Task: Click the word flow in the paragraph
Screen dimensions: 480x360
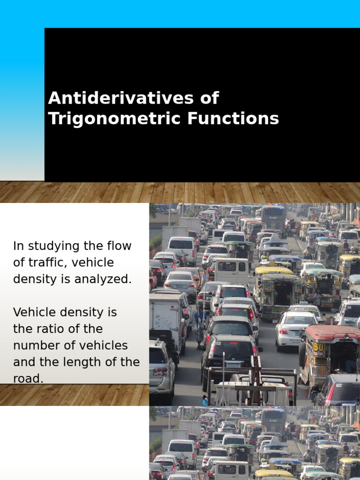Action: (x=119, y=246)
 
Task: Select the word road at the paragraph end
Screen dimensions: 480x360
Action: (x=28, y=378)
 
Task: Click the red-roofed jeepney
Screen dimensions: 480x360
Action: (x=330, y=352)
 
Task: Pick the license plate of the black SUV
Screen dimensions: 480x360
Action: (x=233, y=364)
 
